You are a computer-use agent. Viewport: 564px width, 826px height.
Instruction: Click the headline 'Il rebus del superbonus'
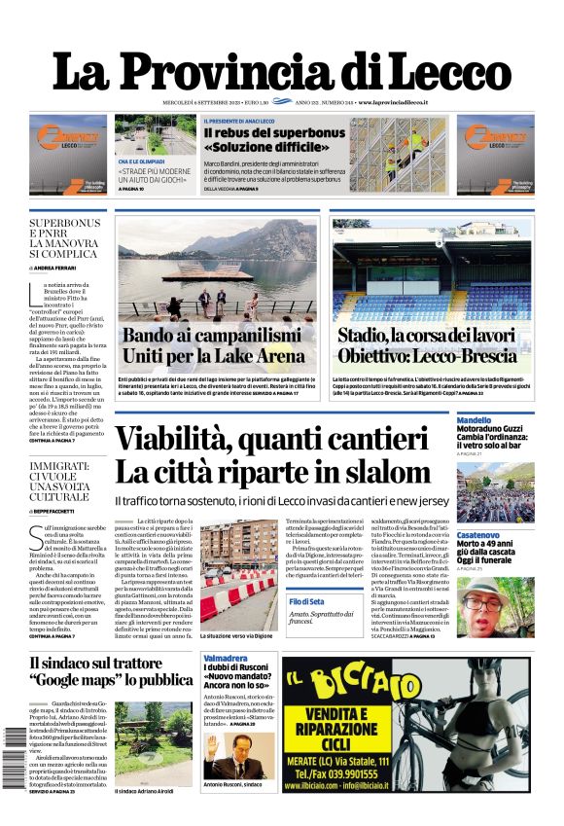point(273,132)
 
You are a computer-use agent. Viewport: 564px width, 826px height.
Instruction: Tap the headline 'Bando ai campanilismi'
point(212,336)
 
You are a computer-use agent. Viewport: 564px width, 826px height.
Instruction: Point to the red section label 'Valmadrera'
point(226,659)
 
